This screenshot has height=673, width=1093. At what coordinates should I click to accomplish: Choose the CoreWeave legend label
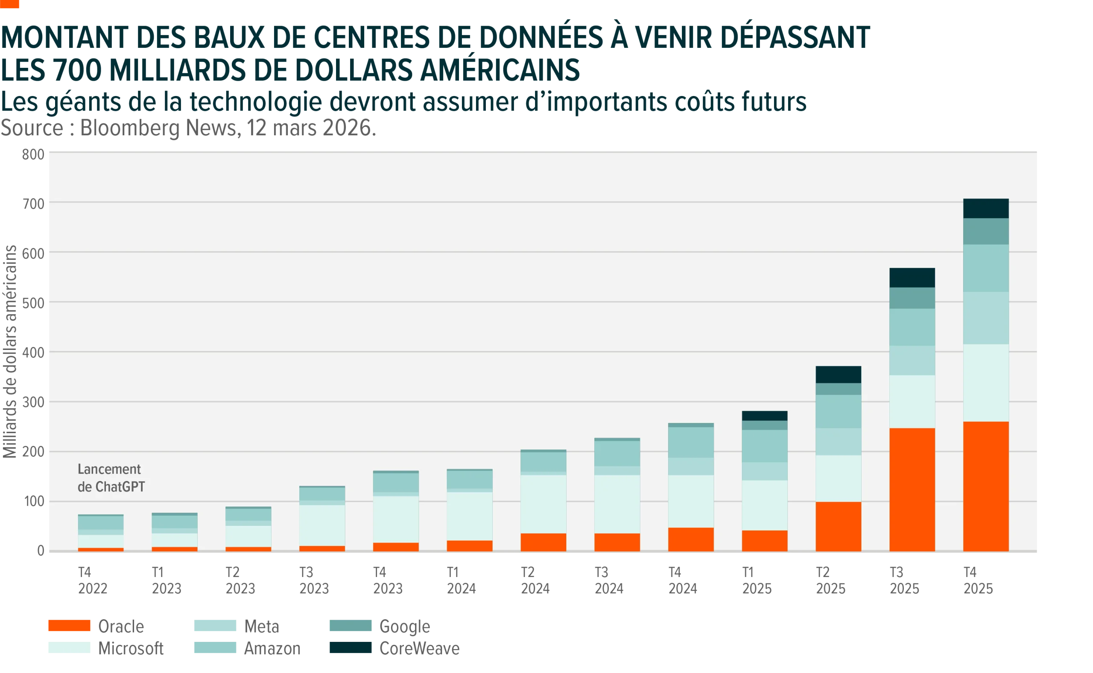(419, 649)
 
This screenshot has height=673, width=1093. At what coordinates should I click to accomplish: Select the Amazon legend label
(272, 649)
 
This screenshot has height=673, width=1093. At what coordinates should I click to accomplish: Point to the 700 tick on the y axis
(33, 204)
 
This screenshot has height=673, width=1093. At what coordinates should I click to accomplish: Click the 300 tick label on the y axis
(33, 402)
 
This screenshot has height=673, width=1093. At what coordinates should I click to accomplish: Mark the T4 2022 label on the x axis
(93, 580)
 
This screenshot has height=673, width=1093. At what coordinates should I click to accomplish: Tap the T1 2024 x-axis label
(461, 580)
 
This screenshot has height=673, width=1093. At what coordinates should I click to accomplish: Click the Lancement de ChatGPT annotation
(111, 478)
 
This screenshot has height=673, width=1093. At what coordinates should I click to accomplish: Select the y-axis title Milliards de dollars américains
(10, 352)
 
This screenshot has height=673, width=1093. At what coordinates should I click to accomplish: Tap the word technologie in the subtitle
(256, 102)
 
